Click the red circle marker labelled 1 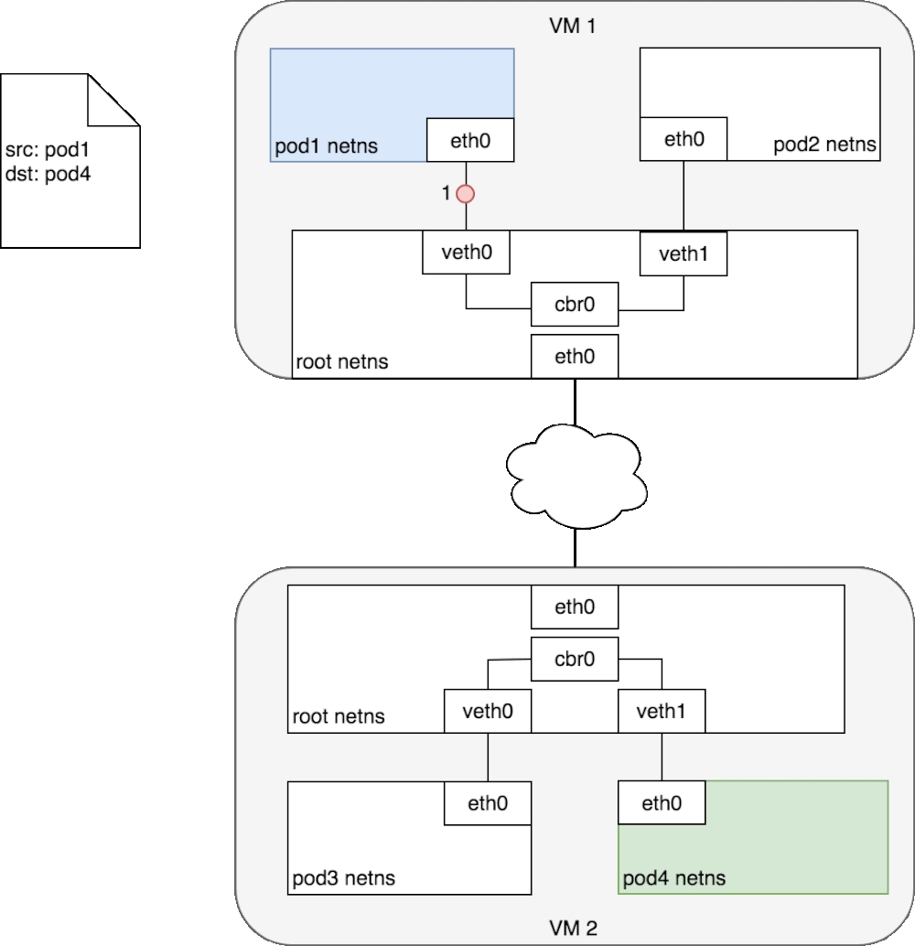467,194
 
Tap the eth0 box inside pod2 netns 684,139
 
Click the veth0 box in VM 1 466,252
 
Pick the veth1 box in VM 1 684,253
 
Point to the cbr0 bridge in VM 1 575,305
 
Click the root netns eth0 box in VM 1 575,356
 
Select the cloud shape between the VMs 574,477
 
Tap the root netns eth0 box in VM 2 575,606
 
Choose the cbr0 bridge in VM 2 575,659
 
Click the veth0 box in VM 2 488,711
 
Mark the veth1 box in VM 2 662,711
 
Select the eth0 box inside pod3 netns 488,803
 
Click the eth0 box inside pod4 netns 662,803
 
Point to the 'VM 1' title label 575,25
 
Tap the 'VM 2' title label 575,929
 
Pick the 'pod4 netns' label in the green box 674,878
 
